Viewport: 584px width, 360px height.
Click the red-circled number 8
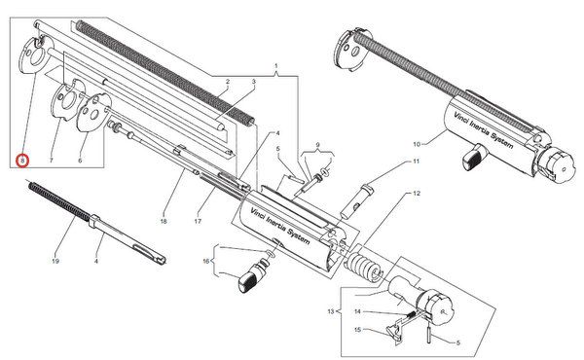click(x=22, y=161)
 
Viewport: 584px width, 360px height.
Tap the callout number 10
click(x=417, y=144)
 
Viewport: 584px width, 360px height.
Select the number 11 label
click(x=416, y=162)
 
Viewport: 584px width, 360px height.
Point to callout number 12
click(x=416, y=194)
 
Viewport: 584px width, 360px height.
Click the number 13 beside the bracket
click(x=331, y=311)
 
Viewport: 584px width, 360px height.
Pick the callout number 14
click(x=357, y=311)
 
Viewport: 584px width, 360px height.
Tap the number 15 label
click(x=357, y=330)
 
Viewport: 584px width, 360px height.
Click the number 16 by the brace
click(x=206, y=261)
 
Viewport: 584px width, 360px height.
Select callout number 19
click(x=55, y=261)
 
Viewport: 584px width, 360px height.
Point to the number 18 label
click(x=164, y=221)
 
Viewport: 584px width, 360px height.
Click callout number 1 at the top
click(x=276, y=66)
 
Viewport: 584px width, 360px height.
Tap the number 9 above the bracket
click(x=317, y=144)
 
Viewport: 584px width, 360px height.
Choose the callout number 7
click(x=52, y=161)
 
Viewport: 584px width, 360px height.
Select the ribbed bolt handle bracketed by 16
click(x=251, y=278)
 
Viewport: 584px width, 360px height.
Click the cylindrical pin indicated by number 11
click(x=354, y=201)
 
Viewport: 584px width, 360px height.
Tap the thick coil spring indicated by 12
click(x=363, y=267)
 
